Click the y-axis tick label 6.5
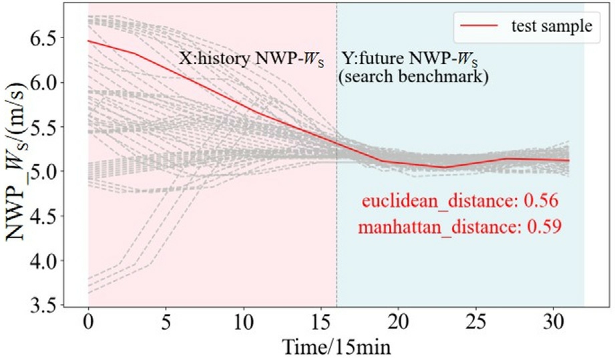pyautogui.click(x=43, y=38)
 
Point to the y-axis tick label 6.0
pyautogui.click(x=43, y=83)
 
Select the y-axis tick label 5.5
pyautogui.click(x=43, y=127)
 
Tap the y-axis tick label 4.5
pyautogui.click(x=43, y=216)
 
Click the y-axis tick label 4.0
pyautogui.click(x=43, y=260)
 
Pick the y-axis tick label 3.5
pyautogui.click(x=43, y=305)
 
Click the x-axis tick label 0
pyautogui.click(x=89, y=323)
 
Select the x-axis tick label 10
pyautogui.click(x=244, y=323)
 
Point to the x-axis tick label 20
pyautogui.click(x=399, y=323)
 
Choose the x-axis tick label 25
pyautogui.click(x=476, y=323)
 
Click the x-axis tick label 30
pyautogui.click(x=554, y=323)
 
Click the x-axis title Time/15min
pyautogui.click(x=337, y=347)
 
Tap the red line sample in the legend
pyautogui.click(x=479, y=26)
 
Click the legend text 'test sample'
pyautogui.click(x=552, y=26)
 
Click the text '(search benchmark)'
pyautogui.click(x=414, y=77)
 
